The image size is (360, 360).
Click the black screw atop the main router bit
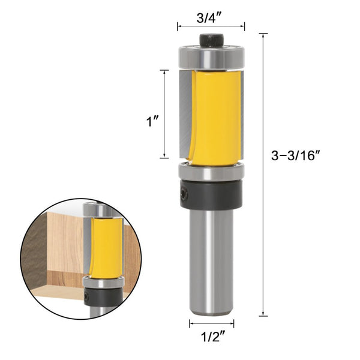[211, 40]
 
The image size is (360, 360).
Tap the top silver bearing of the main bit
[211, 58]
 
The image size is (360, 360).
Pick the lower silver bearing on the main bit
[211, 171]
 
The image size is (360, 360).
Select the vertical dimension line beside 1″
[164, 114]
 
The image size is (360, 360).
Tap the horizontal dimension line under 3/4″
[211, 26]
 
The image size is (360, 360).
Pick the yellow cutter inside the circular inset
[106, 246]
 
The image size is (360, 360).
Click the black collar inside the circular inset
[105, 297]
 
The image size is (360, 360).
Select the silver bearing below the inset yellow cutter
[104, 281]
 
